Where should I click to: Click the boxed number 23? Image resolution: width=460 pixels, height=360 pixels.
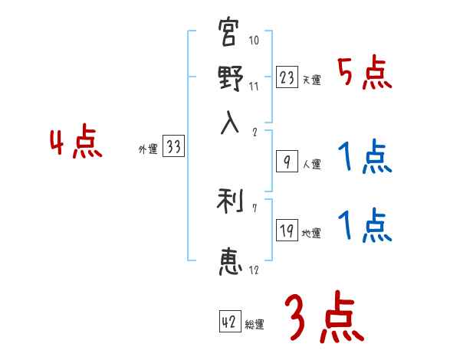(286, 77)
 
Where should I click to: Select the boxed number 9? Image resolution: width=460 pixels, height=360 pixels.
(286, 162)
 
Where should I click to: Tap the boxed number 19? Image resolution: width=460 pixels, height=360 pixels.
(286, 231)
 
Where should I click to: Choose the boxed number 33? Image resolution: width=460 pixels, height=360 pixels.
(173, 147)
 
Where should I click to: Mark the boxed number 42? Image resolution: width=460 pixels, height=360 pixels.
(229, 322)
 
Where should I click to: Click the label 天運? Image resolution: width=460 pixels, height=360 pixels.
(312, 80)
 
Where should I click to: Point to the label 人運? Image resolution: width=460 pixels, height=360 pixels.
(312, 164)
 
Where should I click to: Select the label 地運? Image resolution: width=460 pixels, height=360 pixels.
(312, 233)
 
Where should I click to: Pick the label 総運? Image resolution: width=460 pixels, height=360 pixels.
(255, 324)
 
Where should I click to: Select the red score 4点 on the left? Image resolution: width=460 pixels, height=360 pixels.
(75, 143)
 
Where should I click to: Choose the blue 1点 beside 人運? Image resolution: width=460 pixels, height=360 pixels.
(365, 159)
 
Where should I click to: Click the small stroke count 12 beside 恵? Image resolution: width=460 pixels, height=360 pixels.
(253, 270)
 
